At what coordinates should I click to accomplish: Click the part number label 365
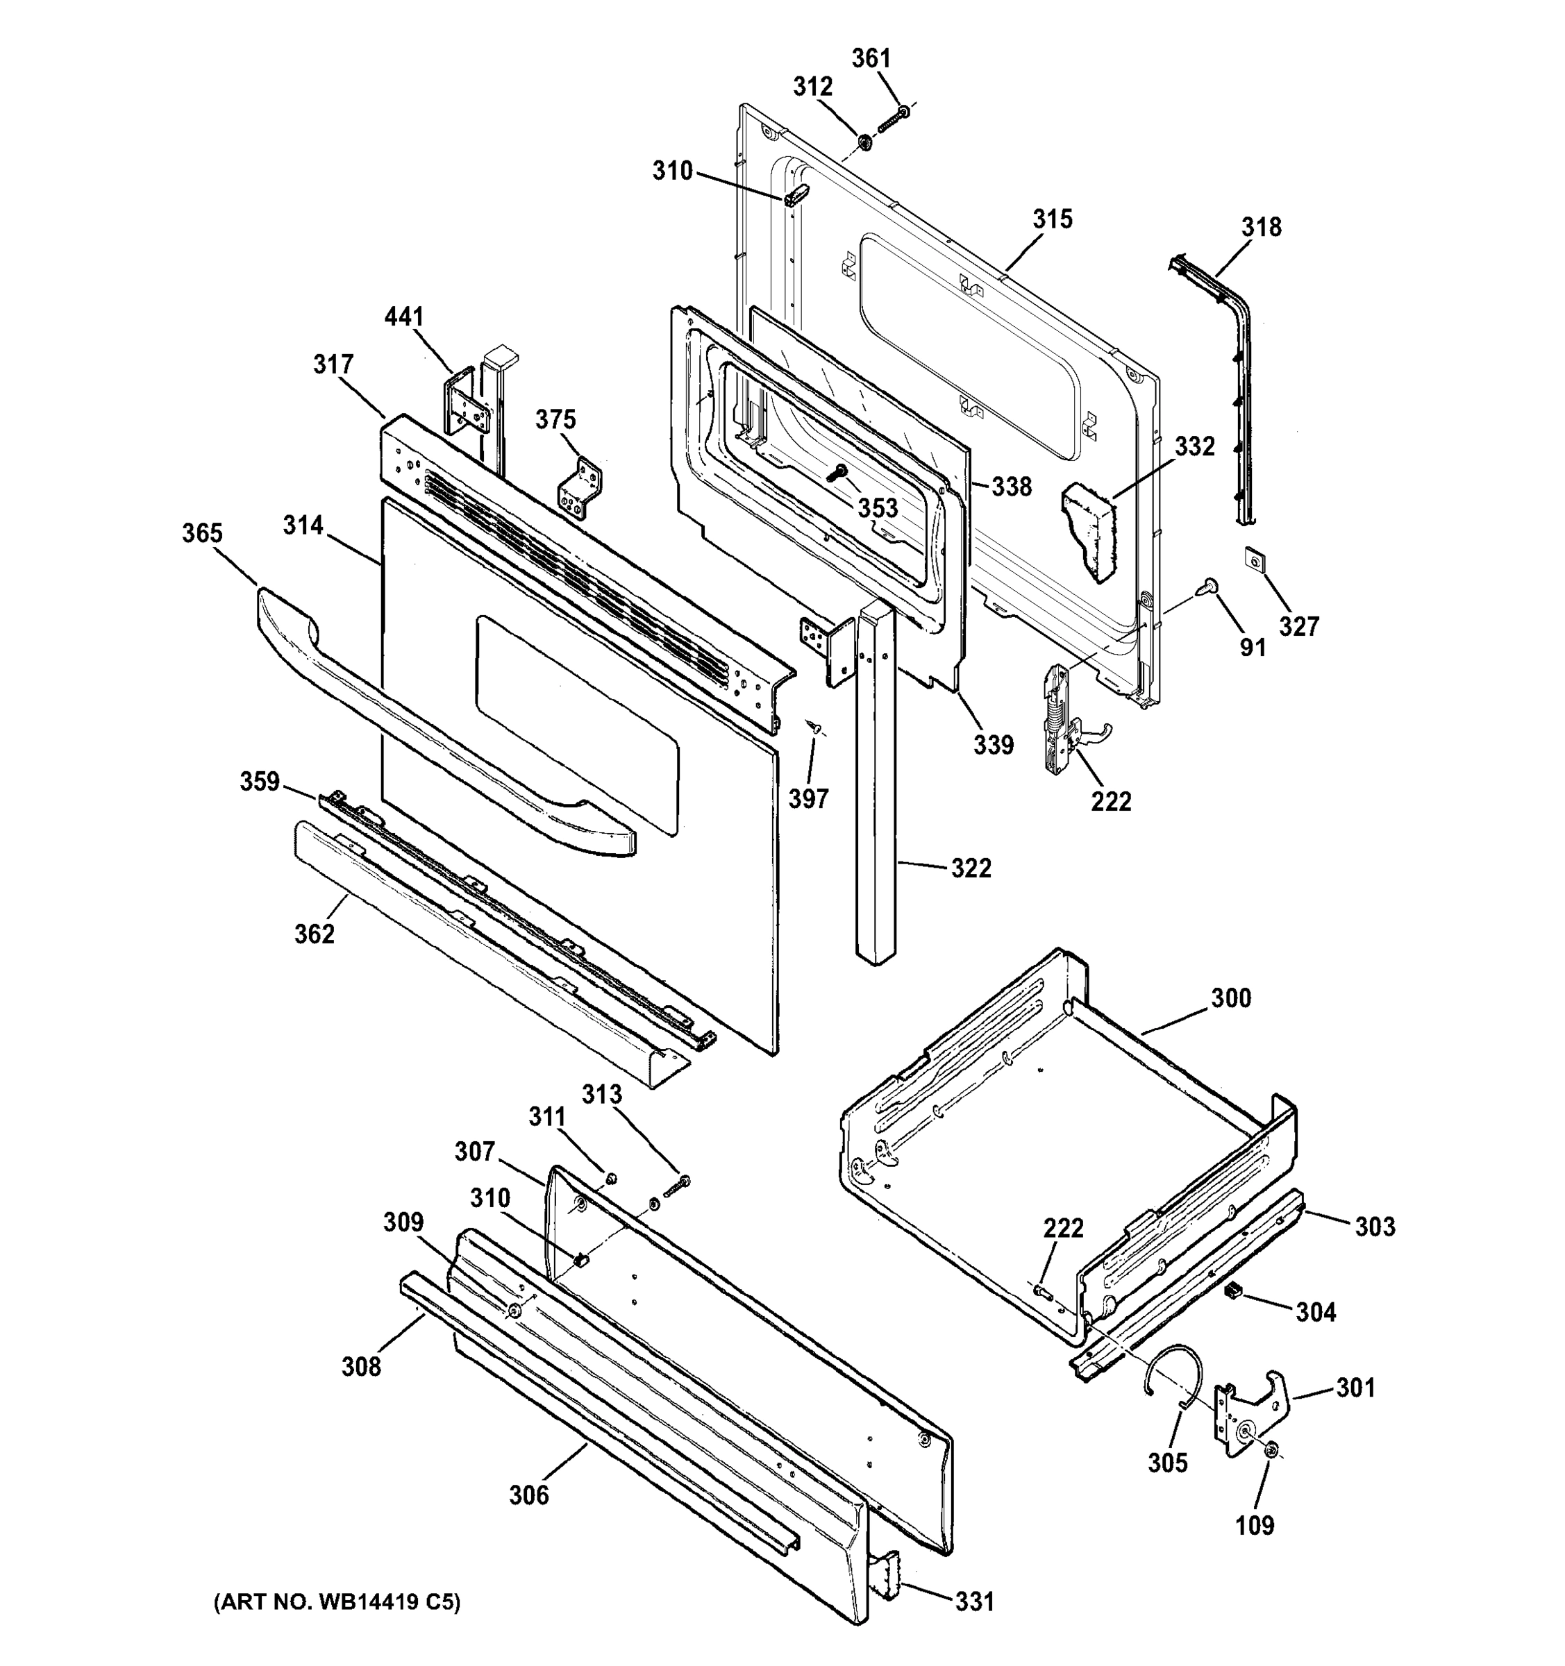point(202,534)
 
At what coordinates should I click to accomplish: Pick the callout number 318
point(1262,227)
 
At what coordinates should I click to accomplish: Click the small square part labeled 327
point(1253,558)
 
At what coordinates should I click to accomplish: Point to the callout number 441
point(404,318)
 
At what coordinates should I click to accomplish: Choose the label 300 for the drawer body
point(1230,998)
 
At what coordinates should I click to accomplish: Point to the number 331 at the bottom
point(975,1601)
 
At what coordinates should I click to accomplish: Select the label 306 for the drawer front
point(529,1495)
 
